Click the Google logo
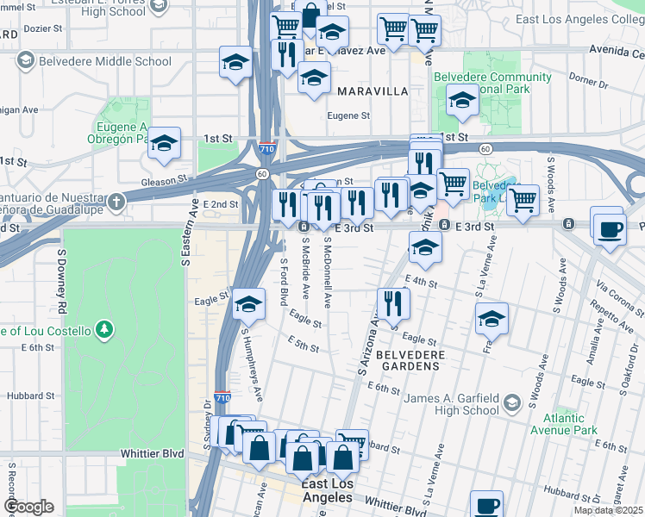28,507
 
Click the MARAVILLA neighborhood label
372,90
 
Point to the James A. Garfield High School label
443,404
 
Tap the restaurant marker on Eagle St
393,303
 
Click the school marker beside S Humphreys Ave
248,303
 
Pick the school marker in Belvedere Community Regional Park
463,103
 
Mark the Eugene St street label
348,115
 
